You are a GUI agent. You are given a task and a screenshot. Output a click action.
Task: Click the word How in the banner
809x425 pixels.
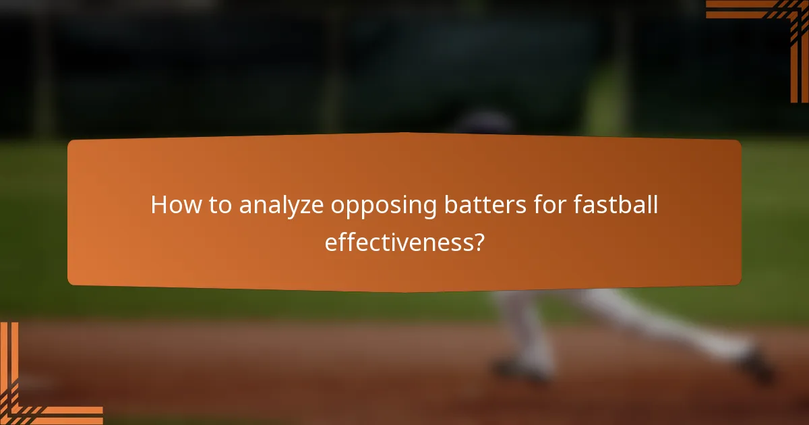coord(171,205)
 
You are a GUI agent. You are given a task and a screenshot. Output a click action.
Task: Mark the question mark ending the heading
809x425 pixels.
coord(477,242)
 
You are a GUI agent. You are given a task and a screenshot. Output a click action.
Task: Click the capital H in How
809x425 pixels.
coord(158,205)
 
